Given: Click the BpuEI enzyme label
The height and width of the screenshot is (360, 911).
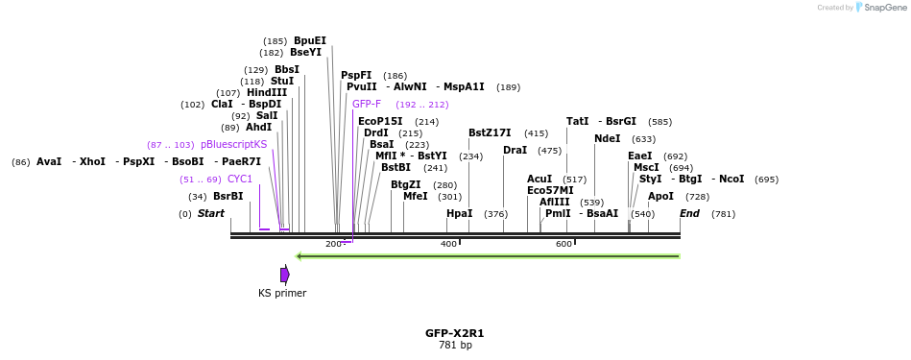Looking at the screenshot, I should tap(309, 40).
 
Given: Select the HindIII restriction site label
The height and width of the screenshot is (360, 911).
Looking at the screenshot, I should tap(266, 92).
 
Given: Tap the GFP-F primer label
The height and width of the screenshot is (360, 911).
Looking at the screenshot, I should tap(366, 104).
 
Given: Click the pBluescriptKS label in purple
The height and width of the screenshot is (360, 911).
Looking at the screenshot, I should tap(233, 144).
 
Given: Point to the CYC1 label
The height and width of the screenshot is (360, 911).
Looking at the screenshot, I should tap(240, 179).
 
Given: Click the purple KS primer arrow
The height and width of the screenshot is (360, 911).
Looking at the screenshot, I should tap(284, 275).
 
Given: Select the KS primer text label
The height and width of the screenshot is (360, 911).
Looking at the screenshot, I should tap(282, 293).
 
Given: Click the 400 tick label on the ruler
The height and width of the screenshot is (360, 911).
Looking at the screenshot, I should tap(448, 244).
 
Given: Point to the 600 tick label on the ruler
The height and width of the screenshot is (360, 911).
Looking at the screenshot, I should tap(563, 244).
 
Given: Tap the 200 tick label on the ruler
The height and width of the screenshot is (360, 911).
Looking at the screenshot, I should tap(333, 244).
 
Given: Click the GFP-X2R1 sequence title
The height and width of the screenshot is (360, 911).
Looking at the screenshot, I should tap(454, 333).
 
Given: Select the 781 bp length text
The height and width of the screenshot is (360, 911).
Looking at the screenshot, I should tap(454, 345).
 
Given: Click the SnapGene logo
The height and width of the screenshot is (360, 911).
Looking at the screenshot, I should tap(875, 8).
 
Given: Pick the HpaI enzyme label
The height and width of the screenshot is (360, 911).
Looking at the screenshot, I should tap(459, 213).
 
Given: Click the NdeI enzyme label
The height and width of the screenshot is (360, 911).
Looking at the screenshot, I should tap(607, 138).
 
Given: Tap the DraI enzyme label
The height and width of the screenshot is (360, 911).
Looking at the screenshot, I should tap(515, 150).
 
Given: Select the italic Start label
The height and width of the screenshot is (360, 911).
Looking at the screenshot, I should tap(210, 213).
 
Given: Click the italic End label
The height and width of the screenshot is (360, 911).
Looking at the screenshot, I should tap(689, 213).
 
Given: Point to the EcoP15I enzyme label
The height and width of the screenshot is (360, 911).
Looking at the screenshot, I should tap(380, 121).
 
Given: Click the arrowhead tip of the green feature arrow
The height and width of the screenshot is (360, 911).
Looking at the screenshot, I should tap(299, 256).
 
